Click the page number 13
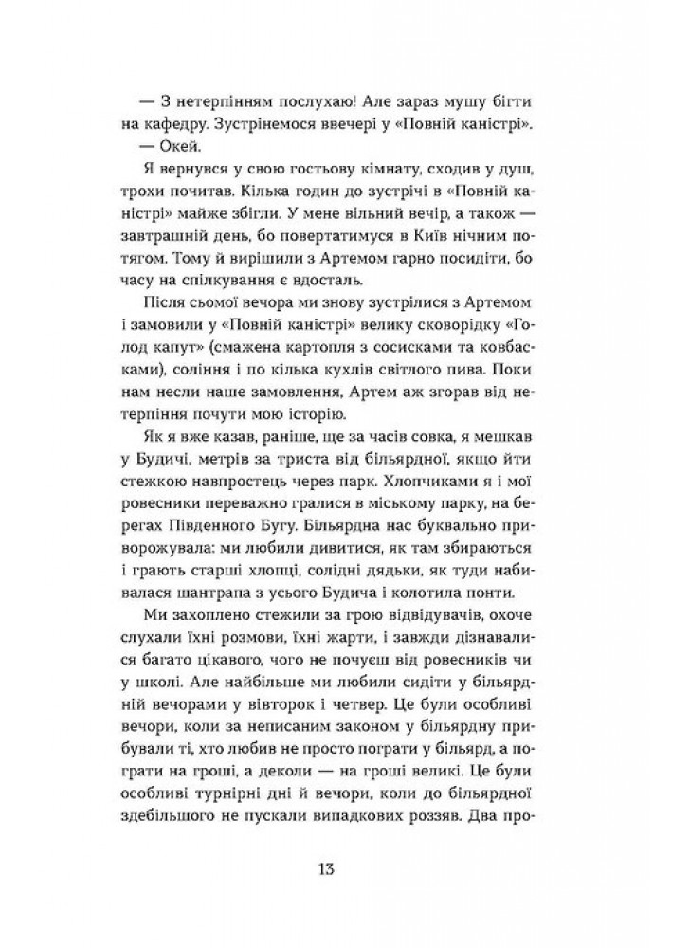(x=344, y=869)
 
